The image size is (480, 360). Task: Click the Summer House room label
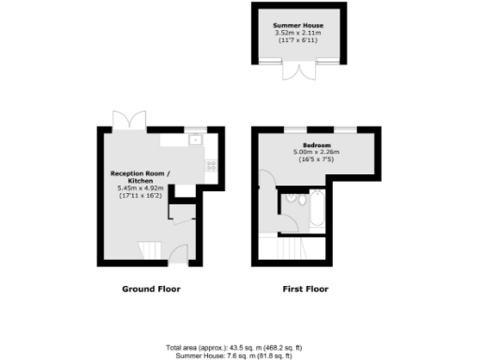pos(293,26)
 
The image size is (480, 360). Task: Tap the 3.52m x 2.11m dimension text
pos(293,34)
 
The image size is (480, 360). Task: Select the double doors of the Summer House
pos(293,71)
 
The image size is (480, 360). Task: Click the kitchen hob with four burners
pos(211,165)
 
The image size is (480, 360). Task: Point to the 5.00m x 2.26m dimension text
pos(312,153)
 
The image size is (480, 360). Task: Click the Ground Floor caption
pos(151,289)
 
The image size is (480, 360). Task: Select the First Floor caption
pos(306,289)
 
